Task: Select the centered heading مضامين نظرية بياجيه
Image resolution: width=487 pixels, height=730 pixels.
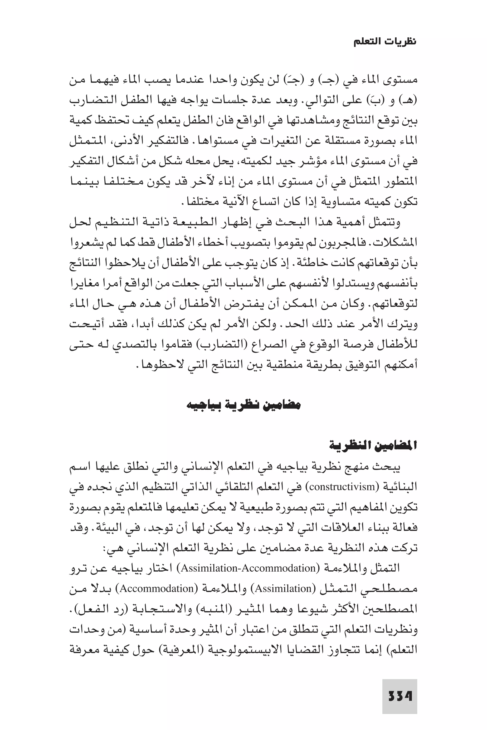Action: [243, 405]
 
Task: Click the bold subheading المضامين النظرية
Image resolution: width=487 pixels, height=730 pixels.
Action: [373, 446]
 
